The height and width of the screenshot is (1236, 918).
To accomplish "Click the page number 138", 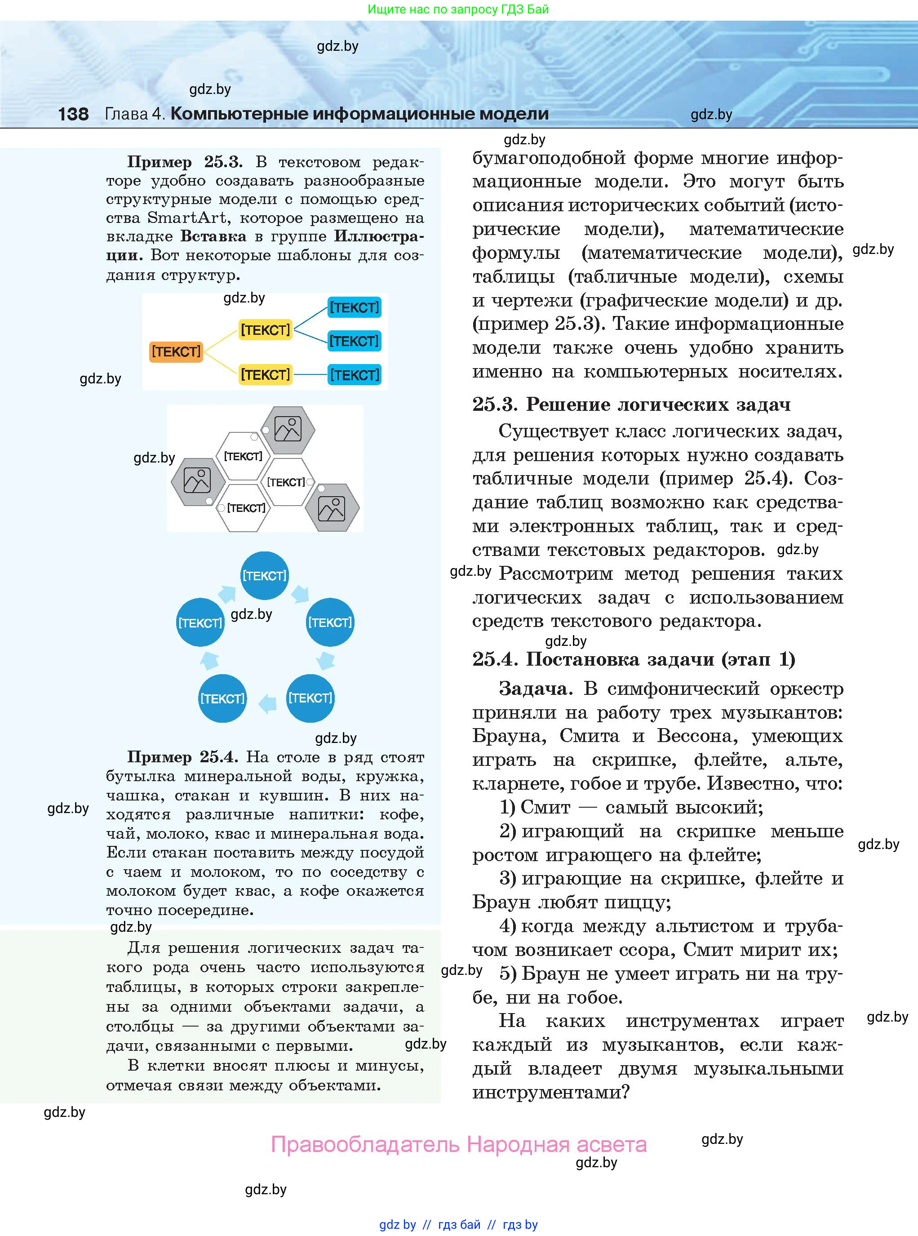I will [73, 114].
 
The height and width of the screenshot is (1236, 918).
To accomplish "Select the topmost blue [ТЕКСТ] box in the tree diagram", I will [354, 307].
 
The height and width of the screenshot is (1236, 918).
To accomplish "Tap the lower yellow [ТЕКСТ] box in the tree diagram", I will [265, 374].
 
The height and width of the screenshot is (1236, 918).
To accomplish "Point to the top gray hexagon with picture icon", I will [288, 430].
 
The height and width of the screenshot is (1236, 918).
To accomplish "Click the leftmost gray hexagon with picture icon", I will [197, 481].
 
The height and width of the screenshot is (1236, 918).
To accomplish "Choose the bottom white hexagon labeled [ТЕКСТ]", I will [244, 508].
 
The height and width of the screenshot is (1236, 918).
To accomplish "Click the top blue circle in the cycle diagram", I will [265, 576].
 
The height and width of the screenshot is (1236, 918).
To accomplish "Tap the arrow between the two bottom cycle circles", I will [267, 702].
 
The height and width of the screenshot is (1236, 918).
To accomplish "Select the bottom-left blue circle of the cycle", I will [222, 698].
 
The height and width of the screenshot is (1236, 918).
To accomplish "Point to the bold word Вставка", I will [213, 236].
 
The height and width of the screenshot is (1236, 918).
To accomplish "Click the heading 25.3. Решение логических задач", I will [631, 405].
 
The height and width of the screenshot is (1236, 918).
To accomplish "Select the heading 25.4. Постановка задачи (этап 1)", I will [634, 659].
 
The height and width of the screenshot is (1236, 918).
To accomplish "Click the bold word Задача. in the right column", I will [536, 689].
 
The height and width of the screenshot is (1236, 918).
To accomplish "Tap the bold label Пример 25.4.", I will [183, 757].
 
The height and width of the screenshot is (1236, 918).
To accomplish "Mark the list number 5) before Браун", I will [508, 974].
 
